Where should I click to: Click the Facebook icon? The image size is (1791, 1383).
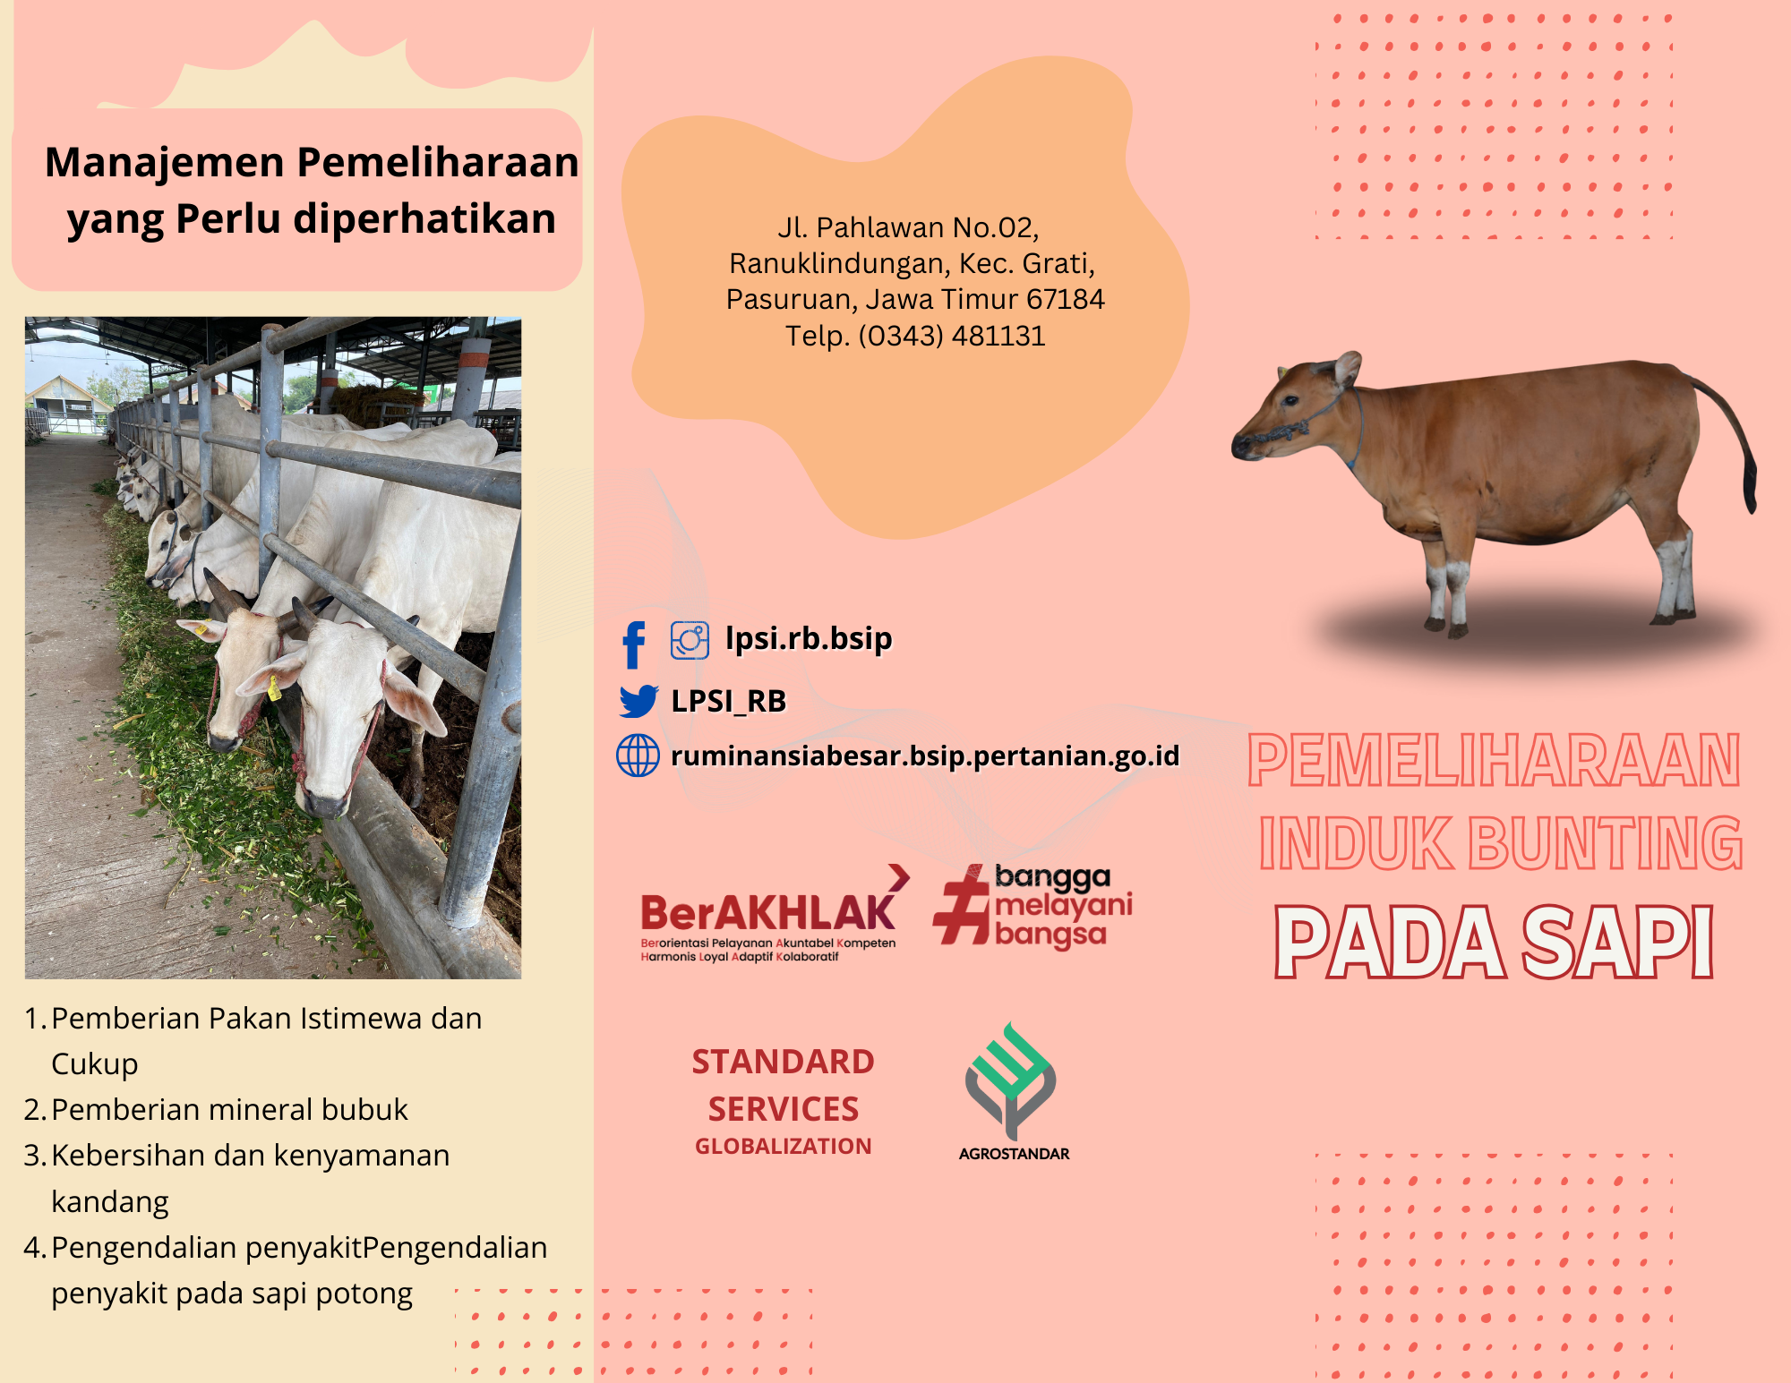(634, 645)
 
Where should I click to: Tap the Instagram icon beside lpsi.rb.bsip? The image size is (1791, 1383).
(690, 640)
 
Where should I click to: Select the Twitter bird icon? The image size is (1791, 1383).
(638, 701)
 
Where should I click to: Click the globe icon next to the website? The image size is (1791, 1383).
(638, 756)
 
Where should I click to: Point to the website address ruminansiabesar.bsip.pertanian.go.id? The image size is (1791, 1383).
(925, 756)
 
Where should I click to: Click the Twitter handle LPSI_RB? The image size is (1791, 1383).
(729, 701)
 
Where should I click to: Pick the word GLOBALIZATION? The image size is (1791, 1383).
(784, 1146)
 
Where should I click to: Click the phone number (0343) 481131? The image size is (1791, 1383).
(951, 336)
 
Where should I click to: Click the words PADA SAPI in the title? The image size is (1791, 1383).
(1494, 942)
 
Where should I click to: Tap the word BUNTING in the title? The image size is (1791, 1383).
(1606, 842)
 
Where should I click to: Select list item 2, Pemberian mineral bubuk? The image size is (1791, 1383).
(216, 1109)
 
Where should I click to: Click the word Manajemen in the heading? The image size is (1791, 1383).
(165, 164)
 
